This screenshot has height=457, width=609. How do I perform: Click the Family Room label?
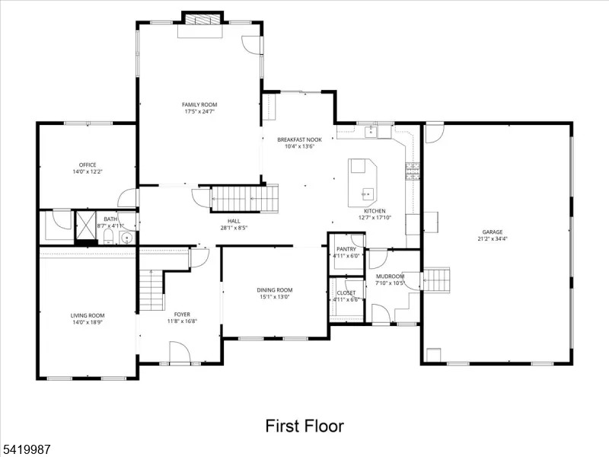click(x=199, y=104)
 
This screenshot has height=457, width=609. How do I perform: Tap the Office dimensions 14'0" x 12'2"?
click(x=88, y=171)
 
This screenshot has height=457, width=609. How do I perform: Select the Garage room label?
click(x=493, y=232)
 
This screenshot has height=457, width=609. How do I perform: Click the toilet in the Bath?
click(x=108, y=236)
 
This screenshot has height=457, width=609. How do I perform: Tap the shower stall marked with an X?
click(x=85, y=226)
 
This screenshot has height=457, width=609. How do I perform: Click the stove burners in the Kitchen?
click(x=413, y=171)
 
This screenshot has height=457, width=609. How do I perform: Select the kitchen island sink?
click(x=368, y=194)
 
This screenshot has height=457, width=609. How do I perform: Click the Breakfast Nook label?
click(x=299, y=139)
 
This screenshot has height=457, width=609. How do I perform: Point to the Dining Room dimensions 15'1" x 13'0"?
click(x=275, y=297)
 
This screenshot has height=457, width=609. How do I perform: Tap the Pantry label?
click(x=346, y=249)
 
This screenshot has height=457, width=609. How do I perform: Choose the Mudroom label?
click(x=390, y=276)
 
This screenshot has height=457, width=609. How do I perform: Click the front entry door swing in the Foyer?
click(x=180, y=353)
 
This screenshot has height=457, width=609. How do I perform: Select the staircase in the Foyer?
click(x=151, y=290)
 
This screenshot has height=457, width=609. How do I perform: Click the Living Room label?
click(x=88, y=315)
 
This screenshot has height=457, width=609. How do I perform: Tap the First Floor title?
click(x=304, y=426)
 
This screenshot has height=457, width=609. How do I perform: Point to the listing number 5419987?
click(x=26, y=449)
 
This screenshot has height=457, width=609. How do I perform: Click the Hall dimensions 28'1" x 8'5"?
click(x=234, y=228)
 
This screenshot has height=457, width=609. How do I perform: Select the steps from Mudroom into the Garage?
click(x=436, y=280)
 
